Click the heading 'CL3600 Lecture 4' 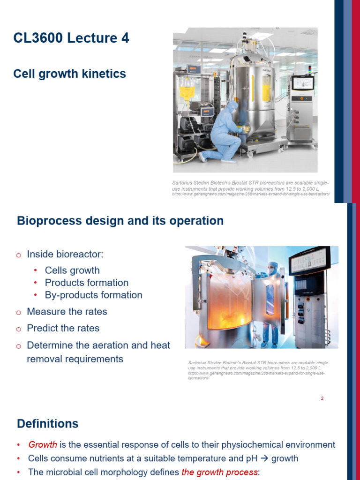coord(71,38)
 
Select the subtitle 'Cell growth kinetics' coord(69,74)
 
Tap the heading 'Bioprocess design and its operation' coord(120,221)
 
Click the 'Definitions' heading coord(48,424)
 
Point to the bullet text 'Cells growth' coord(72,270)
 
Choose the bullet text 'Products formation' coord(87,283)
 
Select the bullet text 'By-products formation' coord(94,295)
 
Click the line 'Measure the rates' coord(67,312)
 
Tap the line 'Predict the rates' coord(63,328)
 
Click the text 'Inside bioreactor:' coord(65,254)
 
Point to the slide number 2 coord(322,398)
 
